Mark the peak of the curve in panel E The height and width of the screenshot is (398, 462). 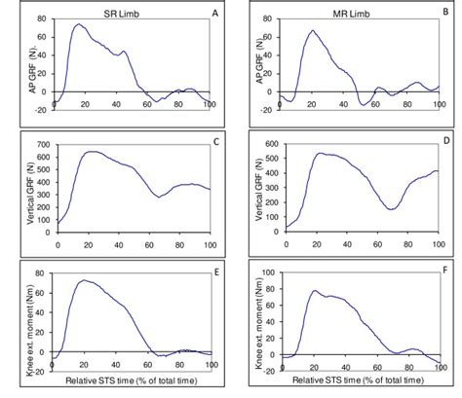click(84, 280)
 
